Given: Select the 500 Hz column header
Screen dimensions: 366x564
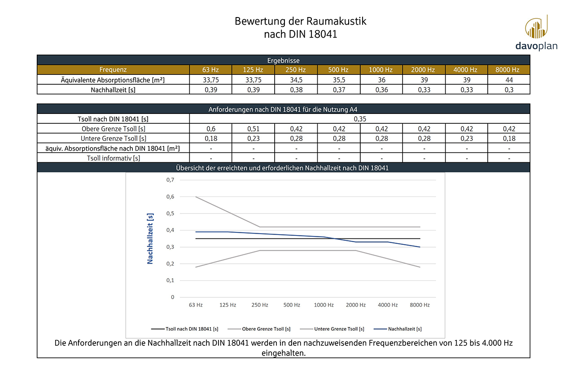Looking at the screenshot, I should click(x=338, y=70).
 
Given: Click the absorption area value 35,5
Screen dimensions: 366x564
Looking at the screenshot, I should click(x=338, y=80).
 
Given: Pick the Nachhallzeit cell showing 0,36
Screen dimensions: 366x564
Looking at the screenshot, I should click(x=380, y=89).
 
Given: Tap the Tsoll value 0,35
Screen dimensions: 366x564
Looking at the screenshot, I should click(x=359, y=119).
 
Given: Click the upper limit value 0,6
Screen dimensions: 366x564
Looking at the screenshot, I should click(x=210, y=129).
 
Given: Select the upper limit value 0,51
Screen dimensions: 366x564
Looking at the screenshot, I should click(x=253, y=129).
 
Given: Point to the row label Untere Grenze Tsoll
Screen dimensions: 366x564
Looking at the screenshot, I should click(x=113, y=139).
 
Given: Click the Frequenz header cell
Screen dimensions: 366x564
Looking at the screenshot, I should click(x=113, y=70).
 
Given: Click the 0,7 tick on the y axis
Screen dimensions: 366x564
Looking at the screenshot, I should click(x=170, y=180).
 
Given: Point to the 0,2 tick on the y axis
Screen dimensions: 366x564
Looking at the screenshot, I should click(x=170, y=264).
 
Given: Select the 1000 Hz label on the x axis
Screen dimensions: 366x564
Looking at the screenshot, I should click(x=324, y=305).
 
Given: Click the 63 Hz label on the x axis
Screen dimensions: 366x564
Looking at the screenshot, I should click(x=196, y=305).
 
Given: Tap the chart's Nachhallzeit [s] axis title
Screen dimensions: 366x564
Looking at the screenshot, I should click(x=150, y=239).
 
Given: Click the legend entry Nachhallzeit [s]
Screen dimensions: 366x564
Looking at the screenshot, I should click(x=404, y=329).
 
